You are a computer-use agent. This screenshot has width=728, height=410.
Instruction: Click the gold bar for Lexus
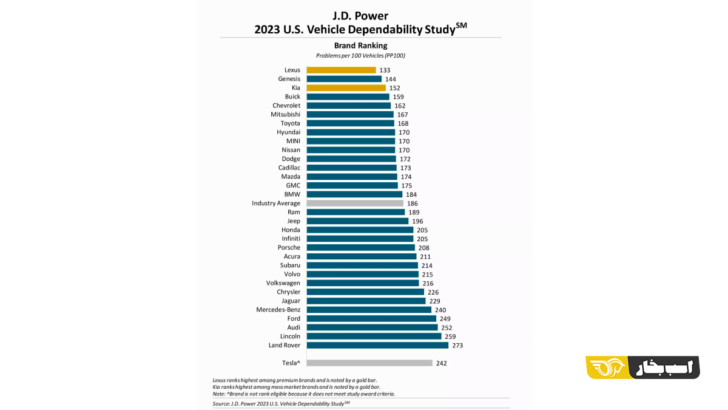pos(341,70)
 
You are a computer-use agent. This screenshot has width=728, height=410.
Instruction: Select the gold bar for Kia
pos(346,88)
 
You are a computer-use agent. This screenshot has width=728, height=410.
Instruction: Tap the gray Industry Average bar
pos(355,203)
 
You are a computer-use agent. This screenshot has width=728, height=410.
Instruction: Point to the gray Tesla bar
pos(369,363)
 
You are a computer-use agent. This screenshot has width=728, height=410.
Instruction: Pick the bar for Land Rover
pos(377,345)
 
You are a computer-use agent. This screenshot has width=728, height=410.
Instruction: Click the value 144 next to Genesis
pos(391,79)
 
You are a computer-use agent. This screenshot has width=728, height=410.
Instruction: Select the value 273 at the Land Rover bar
pos(457,345)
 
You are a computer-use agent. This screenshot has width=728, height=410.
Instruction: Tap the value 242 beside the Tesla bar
pos(442,363)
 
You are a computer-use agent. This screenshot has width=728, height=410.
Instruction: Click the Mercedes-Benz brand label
pos(278,309)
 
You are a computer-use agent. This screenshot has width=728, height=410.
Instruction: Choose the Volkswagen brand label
pos(283,283)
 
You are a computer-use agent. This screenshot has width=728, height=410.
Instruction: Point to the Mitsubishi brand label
pos(285,114)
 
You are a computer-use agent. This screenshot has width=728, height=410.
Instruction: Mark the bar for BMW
pos(354,194)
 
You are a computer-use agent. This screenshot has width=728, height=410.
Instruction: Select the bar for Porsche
pos(361,248)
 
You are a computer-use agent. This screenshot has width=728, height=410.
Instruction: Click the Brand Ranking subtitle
pos(361,46)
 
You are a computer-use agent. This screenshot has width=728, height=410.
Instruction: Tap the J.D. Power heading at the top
pos(360,16)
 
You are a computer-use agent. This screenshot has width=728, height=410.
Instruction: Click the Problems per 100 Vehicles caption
pos(360,56)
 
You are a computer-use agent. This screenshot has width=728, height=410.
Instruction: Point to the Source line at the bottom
pos(281,404)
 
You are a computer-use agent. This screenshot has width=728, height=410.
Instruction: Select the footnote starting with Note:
pos(304,394)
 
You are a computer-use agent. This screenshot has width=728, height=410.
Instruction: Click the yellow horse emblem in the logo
pos(607,367)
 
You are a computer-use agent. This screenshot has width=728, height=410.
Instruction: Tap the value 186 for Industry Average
pos(413,203)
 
